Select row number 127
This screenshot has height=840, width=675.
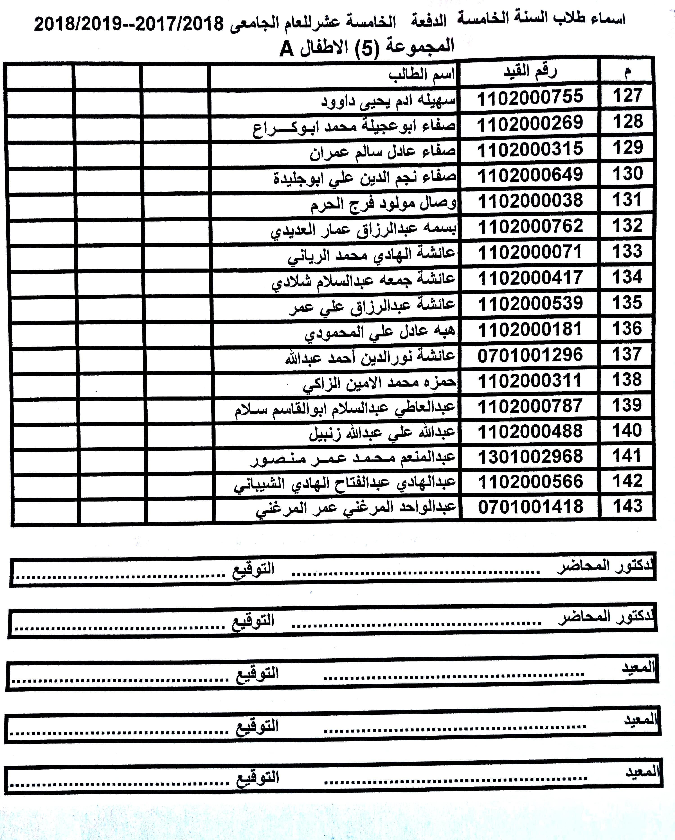tap(627, 96)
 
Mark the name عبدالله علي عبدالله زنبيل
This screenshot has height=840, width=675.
tap(382, 433)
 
